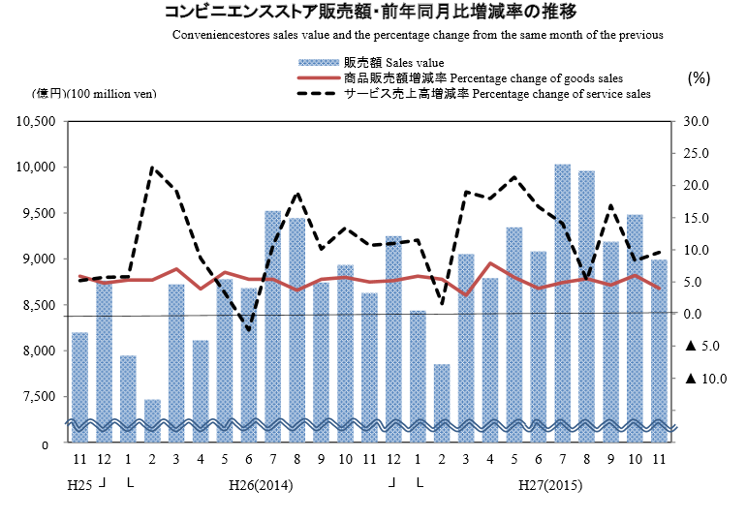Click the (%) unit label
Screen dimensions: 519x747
point(700,77)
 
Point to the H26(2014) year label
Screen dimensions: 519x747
point(261,483)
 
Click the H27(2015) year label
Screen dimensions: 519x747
point(549,483)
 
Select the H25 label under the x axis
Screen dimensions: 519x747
point(79,483)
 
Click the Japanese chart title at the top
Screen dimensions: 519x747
point(372,14)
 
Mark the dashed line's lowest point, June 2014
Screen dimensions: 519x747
point(249,331)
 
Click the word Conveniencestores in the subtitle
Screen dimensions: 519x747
point(224,36)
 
